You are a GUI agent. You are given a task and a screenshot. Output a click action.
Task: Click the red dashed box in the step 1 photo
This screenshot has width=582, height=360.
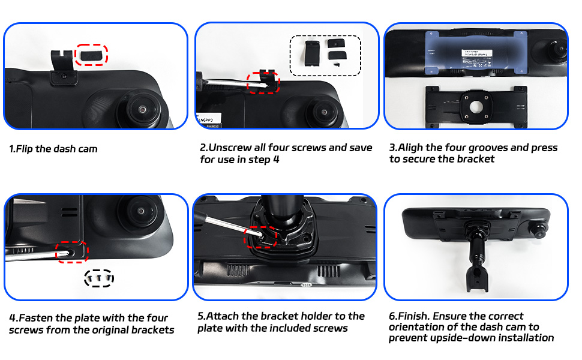click(91, 55)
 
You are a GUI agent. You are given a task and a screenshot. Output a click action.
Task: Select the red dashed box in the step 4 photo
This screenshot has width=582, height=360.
click(72, 251)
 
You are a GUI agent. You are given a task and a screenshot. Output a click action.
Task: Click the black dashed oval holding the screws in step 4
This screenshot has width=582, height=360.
click(99, 278)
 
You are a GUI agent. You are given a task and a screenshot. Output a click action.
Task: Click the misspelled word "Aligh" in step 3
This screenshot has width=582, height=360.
click(412, 148)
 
